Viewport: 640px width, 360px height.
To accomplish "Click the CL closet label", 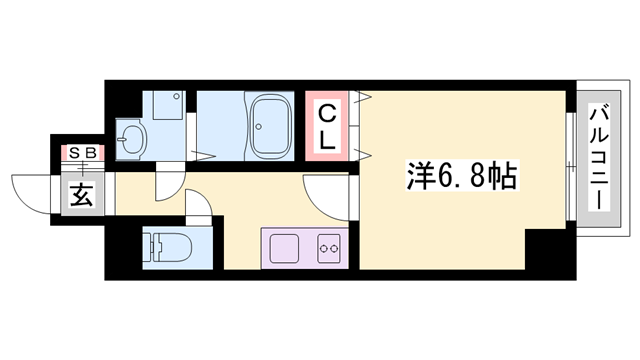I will tap(328, 126).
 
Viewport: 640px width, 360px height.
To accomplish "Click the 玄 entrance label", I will tap(81, 195).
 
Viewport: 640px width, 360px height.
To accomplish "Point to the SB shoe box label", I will tap(81, 153).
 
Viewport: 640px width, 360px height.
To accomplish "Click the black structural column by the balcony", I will tap(546, 250).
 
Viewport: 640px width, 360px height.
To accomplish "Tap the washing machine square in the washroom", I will tap(164, 107).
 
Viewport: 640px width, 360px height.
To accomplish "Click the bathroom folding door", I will tap(205, 156).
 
